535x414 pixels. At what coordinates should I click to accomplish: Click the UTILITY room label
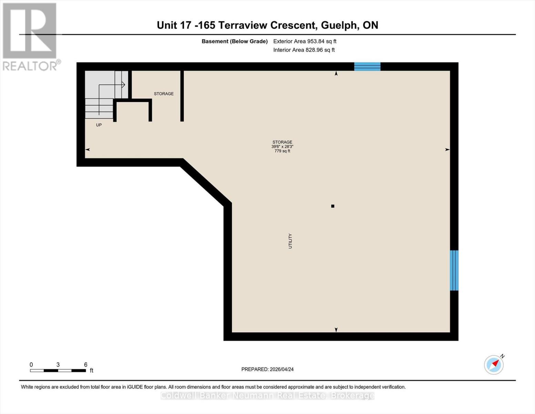point(290,241)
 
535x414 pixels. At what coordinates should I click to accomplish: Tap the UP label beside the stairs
point(99,125)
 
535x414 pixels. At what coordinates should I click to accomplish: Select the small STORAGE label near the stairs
point(164,94)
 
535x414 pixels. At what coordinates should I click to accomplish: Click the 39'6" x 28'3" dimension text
point(282,147)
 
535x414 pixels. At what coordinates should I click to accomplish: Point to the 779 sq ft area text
point(282,151)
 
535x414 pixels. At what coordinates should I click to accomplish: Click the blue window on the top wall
point(367,67)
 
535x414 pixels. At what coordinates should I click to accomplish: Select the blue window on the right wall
point(454,270)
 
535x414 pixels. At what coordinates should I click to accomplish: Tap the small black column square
point(333,206)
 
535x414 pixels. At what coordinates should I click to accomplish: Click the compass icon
point(494,364)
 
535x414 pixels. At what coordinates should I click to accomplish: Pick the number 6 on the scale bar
point(86,365)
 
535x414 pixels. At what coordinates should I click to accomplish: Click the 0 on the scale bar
point(31,365)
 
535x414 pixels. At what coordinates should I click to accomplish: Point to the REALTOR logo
point(30,37)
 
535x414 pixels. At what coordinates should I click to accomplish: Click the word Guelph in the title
point(340,25)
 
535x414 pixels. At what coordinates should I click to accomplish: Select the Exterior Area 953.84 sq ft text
point(305,41)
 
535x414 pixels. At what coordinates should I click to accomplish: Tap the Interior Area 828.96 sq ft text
point(304,50)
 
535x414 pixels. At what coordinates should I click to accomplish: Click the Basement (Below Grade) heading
point(235,41)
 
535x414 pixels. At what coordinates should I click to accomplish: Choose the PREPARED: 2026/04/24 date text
point(267,369)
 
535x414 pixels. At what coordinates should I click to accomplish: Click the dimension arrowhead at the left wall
point(88,149)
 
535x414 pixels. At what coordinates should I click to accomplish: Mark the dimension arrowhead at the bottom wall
point(336,330)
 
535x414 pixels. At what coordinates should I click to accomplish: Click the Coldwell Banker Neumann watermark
point(267,396)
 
